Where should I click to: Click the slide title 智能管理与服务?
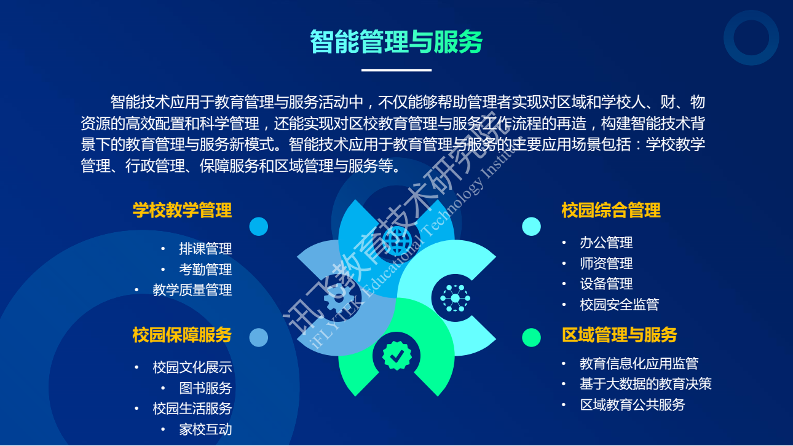point(396,42)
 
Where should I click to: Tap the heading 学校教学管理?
point(183,210)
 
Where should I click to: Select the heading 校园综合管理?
point(611,210)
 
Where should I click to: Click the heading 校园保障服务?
point(183,335)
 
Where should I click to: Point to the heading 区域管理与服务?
point(619,335)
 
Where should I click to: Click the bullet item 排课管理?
point(205,249)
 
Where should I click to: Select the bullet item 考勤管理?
point(205,270)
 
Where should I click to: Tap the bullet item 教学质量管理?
point(192,290)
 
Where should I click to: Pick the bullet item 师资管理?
point(606,263)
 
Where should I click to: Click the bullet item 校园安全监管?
point(619,305)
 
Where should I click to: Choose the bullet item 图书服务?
point(205,388)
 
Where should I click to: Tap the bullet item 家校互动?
point(205,429)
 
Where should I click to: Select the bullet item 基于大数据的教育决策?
point(645,384)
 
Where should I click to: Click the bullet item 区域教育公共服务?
point(633,405)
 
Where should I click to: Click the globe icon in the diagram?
point(397,241)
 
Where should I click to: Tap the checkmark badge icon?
point(397,356)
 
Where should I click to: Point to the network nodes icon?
point(456,298)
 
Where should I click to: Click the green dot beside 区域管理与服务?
point(531,337)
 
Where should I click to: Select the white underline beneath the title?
point(396,70)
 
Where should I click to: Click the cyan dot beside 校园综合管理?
point(531,226)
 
